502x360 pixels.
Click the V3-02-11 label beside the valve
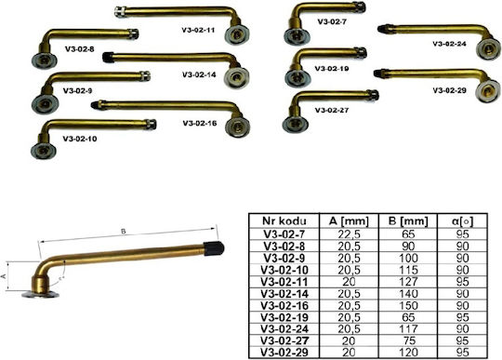pyautogui.click(x=198, y=31)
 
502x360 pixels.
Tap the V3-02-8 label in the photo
pyautogui.click(x=79, y=49)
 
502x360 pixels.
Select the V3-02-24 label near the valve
pyautogui.click(x=449, y=44)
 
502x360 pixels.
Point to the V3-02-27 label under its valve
pyautogui.click(x=331, y=110)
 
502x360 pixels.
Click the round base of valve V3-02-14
pyautogui.click(x=236, y=77)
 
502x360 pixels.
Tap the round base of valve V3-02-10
pyautogui.click(x=44, y=150)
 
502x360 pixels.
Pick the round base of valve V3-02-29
pyautogui.click(x=488, y=91)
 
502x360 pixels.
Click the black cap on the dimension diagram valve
pyautogui.click(x=214, y=248)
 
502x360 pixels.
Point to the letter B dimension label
pyautogui.click(x=124, y=232)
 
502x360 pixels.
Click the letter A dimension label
pyautogui.click(x=4, y=276)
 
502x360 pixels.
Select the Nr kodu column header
pyautogui.click(x=284, y=220)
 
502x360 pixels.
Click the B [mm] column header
pyautogui.click(x=408, y=220)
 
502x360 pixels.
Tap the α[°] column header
pyautogui.click(x=463, y=220)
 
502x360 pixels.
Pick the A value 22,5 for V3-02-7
pyautogui.click(x=349, y=234)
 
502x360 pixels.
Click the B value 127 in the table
pyautogui.click(x=408, y=282)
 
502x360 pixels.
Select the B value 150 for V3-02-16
pyautogui.click(x=408, y=305)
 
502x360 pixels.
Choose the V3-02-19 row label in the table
pyautogui.click(x=284, y=317)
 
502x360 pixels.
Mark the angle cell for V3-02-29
pyautogui.click(x=463, y=353)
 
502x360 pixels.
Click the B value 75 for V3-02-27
pyautogui.click(x=408, y=340)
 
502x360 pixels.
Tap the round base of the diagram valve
pyautogui.click(x=40, y=294)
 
